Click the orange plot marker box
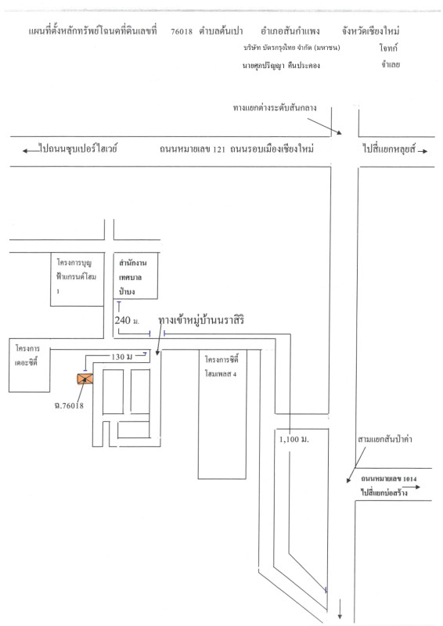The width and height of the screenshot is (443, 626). pyautogui.click(x=85, y=379)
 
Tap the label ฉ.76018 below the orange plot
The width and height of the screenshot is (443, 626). pyautogui.click(x=69, y=405)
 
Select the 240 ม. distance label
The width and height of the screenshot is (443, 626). pyautogui.click(x=127, y=320)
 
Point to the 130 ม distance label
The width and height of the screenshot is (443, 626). pyautogui.click(x=121, y=357)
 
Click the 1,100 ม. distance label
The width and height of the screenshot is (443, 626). pyautogui.click(x=294, y=440)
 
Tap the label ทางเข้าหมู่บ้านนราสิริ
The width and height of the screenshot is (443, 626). pyautogui.click(x=200, y=320)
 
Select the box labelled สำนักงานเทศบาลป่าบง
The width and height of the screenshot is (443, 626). pyautogui.click(x=136, y=275)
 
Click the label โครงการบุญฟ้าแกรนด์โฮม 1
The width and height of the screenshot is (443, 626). pyautogui.click(x=76, y=276)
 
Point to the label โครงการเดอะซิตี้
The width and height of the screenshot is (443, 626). pyautogui.click(x=27, y=355)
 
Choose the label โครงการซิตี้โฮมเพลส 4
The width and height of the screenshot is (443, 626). pyautogui.click(x=221, y=365)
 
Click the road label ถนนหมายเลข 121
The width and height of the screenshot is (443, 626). pyautogui.click(x=192, y=149)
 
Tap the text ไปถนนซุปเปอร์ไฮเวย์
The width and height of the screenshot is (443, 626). pyautogui.click(x=78, y=148)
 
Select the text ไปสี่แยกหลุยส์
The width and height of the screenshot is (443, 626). pyautogui.click(x=390, y=149)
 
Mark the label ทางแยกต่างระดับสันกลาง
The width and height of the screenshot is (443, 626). pyautogui.click(x=275, y=108)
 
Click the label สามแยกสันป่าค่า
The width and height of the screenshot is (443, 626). pyautogui.click(x=384, y=440)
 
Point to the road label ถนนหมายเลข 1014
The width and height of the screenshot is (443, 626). pyautogui.click(x=389, y=479)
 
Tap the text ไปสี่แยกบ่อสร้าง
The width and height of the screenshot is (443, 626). pyautogui.click(x=384, y=492)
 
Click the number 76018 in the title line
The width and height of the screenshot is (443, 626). pyautogui.click(x=182, y=31)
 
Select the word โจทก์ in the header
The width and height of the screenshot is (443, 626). pyautogui.click(x=388, y=48)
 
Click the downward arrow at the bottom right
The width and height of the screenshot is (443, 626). pyautogui.click(x=340, y=610)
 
